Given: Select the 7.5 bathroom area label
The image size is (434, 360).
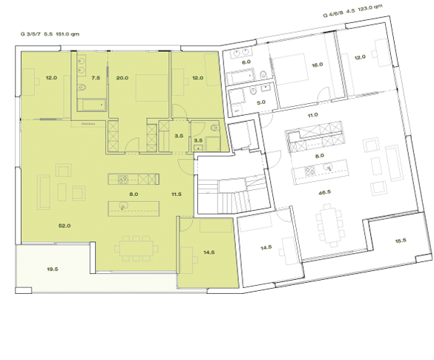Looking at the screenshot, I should coord(96,77).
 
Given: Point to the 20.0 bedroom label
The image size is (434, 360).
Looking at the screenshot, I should coord(122,77).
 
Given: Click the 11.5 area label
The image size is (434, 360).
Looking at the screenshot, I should coord(176,194).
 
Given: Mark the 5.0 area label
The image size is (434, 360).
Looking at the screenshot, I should coord(261,102).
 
